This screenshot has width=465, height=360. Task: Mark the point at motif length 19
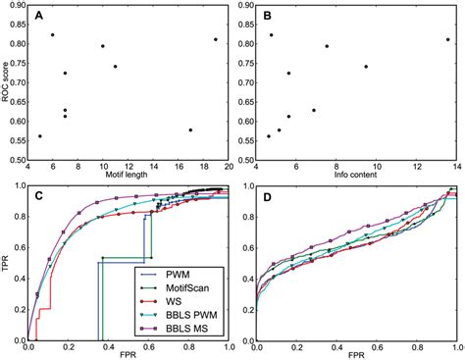215,39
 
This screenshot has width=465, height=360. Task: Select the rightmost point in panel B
447,40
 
